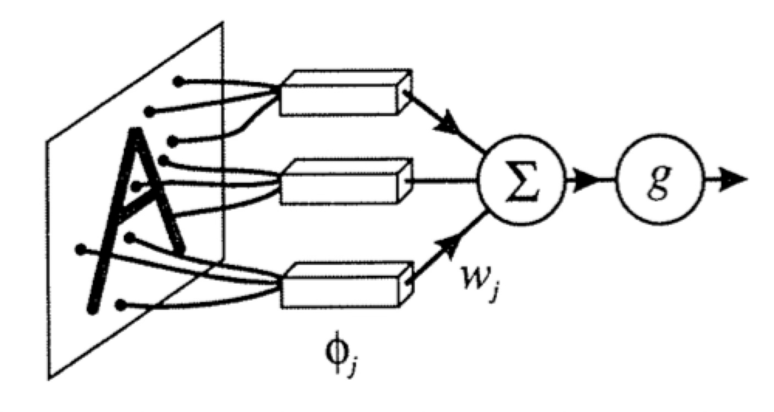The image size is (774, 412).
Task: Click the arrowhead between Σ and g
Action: coord(584,180)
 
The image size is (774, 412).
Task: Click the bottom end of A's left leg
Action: coord(92,310)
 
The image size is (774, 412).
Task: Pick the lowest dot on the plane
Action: coord(120,305)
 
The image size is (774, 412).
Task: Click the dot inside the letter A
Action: coord(136,186)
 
